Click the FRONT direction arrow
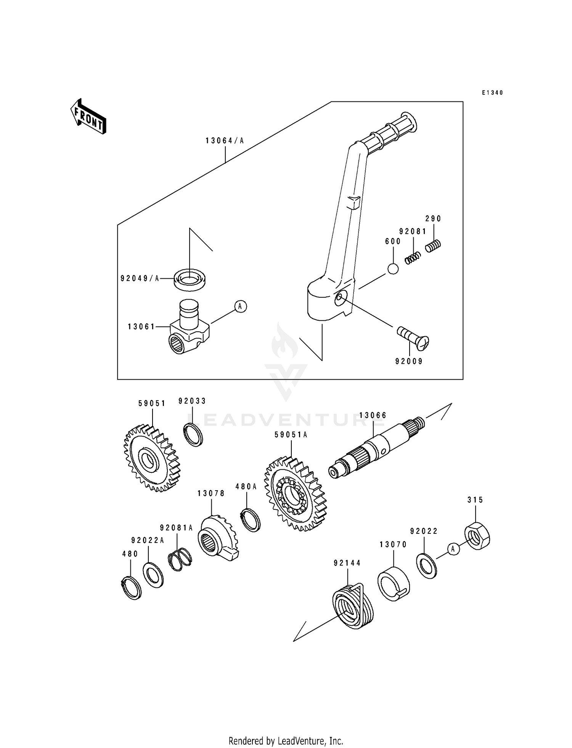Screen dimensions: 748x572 (x=88, y=117)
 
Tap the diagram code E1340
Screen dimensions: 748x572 (x=492, y=93)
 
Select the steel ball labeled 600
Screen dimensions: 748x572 (x=393, y=269)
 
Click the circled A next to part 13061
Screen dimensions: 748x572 (x=240, y=306)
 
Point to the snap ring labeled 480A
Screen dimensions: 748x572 (x=251, y=520)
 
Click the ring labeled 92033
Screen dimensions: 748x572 (x=194, y=435)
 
